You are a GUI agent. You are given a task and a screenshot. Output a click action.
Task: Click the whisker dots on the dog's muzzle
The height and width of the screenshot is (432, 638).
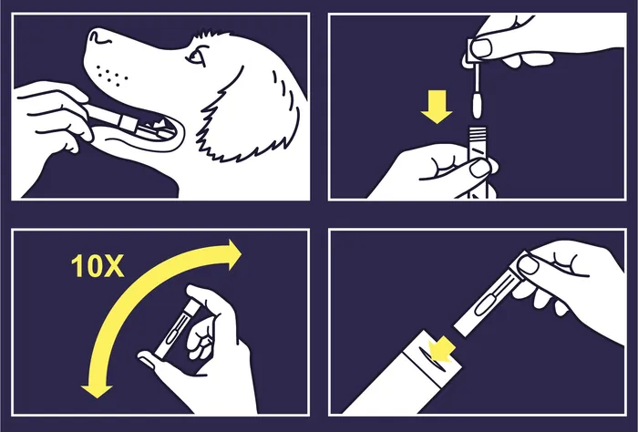point(112,74)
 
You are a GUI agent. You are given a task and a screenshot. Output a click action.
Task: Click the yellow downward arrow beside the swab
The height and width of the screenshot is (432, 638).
point(437,106)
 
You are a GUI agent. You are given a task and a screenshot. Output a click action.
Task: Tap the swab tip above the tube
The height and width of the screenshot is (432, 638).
point(475,105)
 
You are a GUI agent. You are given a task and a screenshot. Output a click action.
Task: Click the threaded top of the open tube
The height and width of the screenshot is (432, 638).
point(478,133)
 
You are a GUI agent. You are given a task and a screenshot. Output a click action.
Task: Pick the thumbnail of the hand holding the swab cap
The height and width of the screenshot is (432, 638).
point(483,47)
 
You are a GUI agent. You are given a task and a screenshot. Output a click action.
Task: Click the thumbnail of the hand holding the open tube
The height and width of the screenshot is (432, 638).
point(480,168)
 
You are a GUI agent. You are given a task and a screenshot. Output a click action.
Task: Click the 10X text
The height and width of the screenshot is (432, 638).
point(97,266)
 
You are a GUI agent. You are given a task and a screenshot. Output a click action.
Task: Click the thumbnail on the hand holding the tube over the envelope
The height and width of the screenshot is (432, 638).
point(529,265)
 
